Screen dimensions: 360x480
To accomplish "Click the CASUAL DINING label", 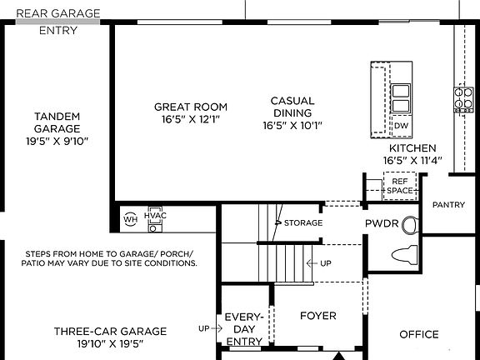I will [292, 107].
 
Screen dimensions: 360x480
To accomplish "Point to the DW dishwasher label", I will [401, 126].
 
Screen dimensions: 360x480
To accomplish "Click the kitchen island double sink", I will [401, 97].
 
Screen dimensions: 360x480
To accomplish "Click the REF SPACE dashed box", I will [399, 185].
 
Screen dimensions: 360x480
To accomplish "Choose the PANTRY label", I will [448, 205].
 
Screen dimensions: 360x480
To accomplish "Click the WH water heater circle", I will [130, 219].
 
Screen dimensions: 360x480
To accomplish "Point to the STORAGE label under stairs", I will [302, 223].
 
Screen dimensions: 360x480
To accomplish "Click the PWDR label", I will [381, 224].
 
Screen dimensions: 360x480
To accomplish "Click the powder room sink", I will [409, 224].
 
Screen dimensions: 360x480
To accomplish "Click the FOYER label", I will [317, 316].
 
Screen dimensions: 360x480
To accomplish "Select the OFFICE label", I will [418, 334].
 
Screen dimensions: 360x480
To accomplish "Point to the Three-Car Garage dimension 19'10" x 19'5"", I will [110, 342].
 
